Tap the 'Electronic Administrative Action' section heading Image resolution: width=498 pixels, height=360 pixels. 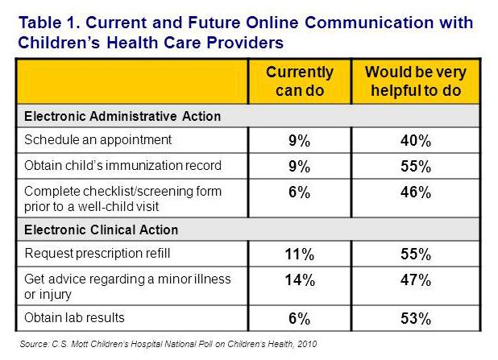122,116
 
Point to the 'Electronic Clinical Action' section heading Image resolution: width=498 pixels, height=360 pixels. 102,230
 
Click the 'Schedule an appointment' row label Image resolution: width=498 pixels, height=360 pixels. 98,139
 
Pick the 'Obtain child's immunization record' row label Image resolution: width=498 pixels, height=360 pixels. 122,167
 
